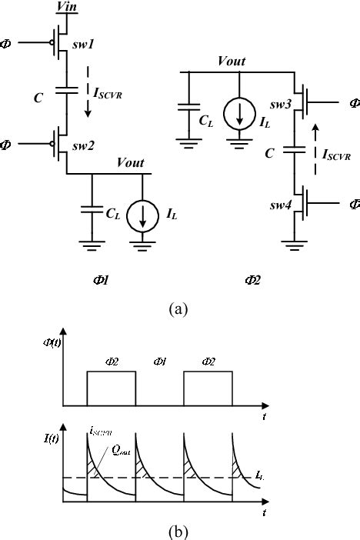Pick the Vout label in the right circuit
[x=233, y=60]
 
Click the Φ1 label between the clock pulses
[x=158, y=361]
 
